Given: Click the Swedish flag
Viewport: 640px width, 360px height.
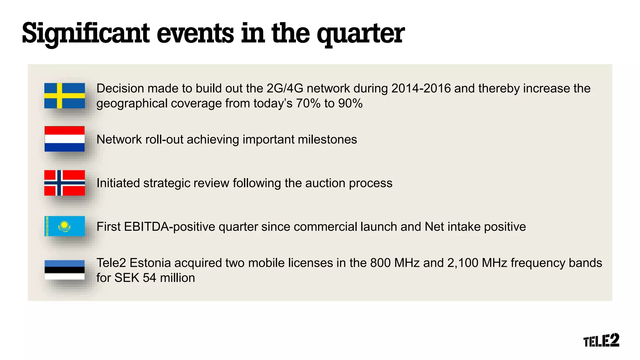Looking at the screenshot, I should tap(64, 96).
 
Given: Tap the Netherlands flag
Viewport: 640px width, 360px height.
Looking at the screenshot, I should tap(64, 139).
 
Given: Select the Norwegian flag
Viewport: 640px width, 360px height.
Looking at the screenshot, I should tap(64, 183).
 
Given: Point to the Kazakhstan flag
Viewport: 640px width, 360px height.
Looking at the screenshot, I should tap(64, 226).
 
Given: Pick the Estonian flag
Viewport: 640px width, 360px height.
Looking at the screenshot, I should tap(64, 270).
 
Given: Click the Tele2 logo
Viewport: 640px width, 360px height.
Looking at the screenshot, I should tap(601, 340).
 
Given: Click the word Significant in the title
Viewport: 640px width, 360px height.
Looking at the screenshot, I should tap(86, 34).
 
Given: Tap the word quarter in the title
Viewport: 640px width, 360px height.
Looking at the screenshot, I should tap(361, 34).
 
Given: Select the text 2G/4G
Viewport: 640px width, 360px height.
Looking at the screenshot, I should tap(285, 88).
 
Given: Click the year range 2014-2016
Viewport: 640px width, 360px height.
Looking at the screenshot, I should tap(421, 88).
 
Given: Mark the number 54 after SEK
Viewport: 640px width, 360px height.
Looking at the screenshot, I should tap(149, 278).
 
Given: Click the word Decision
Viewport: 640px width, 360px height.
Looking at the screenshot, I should tap(120, 88).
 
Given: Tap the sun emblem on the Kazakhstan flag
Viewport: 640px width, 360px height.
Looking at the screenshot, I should tap(64, 225).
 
